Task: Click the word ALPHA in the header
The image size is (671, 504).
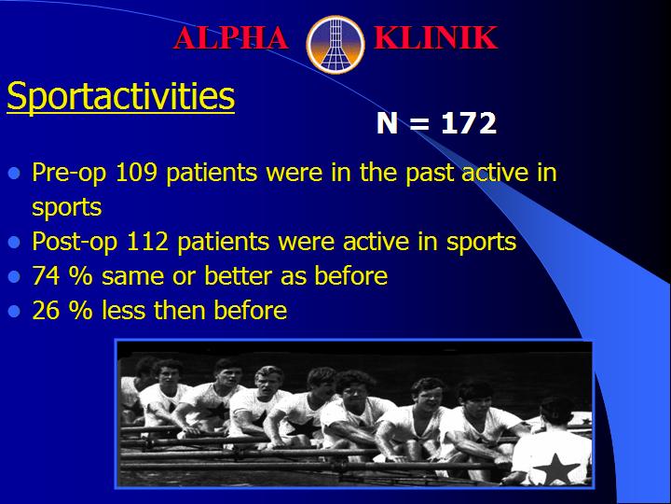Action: tap(231, 37)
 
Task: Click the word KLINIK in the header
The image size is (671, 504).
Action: tap(435, 37)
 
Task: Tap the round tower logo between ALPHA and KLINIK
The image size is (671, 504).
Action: tap(335, 44)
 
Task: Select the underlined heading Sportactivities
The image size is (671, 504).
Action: tap(120, 96)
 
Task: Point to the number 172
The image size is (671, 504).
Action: tap(469, 123)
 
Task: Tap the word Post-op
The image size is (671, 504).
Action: tap(75, 243)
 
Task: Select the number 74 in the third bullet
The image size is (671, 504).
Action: tap(46, 275)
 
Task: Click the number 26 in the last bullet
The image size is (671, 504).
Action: tap(46, 310)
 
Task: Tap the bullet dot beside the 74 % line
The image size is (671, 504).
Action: tap(14, 277)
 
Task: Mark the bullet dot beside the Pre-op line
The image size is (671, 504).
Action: tap(14, 174)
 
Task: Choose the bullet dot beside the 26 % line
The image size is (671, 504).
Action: tap(14, 311)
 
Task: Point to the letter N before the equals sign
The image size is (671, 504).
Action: tap(388, 123)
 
